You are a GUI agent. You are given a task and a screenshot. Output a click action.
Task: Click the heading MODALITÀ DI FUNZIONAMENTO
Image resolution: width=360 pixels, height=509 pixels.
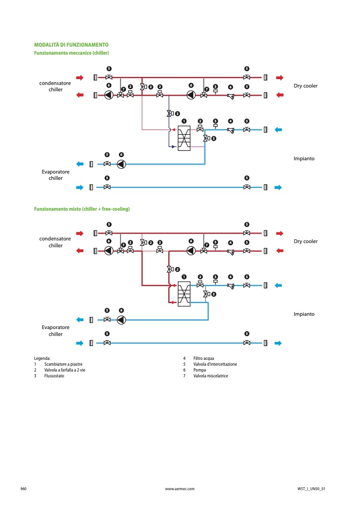71,45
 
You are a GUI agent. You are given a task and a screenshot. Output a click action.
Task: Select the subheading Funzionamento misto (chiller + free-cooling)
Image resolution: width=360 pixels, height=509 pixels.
82,209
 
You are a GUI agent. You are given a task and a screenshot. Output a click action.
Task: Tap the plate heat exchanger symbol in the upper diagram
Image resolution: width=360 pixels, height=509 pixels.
184,139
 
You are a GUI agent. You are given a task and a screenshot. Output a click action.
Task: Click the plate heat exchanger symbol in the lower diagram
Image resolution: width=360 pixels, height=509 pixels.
184,294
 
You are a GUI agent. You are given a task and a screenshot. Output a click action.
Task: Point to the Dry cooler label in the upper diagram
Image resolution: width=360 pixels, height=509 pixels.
305,85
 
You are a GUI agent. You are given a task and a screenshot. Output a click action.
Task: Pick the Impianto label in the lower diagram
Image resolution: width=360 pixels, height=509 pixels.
304,314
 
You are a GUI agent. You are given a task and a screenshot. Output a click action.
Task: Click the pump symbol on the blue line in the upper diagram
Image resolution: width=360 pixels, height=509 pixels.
122,164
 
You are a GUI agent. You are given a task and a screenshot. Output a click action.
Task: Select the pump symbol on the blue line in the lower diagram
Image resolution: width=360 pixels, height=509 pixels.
122,320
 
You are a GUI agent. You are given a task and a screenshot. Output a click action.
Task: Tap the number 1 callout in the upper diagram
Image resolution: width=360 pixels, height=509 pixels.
184,121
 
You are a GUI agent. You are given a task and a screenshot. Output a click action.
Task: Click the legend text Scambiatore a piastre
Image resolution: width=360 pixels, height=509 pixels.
63,364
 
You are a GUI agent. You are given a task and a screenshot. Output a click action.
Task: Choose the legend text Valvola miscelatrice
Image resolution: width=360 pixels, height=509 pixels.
211,376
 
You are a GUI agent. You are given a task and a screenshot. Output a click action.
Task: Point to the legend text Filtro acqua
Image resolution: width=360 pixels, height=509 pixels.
203,358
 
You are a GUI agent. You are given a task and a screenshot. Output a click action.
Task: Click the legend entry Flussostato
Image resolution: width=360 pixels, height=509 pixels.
54,376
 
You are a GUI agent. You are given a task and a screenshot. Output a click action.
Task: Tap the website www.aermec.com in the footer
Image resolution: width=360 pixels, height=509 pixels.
180,489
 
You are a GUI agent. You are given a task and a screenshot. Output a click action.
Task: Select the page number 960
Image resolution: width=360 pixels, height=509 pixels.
23,489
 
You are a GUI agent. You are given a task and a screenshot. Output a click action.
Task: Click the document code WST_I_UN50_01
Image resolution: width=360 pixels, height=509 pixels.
311,489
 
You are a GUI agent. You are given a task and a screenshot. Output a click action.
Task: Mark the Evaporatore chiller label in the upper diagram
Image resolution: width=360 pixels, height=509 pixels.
56,175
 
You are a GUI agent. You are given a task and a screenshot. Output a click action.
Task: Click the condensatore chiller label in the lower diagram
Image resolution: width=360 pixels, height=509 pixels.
55,242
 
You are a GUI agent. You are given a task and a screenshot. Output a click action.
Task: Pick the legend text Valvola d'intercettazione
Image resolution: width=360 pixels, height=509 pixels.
215,364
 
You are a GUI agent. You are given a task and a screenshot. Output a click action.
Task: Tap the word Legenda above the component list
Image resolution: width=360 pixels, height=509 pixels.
42,358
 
